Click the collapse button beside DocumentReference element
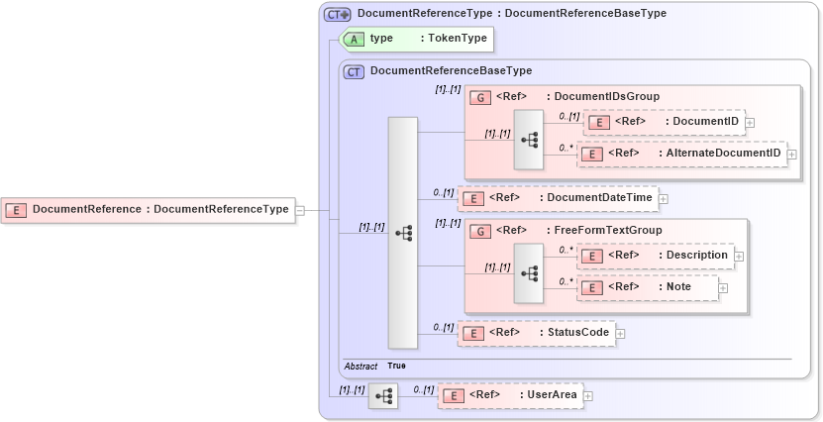[300, 209]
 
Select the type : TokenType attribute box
[416, 39]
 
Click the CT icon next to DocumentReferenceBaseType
[354, 71]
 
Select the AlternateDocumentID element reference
[681, 154]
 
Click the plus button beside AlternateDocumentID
[791, 155]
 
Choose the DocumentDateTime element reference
[558, 198]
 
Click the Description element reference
[655, 256]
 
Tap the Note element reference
[648, 287]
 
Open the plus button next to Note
[723, 288]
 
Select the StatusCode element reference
[536, 333]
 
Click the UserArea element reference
[510, 395]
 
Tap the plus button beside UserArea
[588, 396]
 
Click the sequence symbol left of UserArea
[383, 395]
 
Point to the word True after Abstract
[396, 366]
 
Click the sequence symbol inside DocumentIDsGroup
[529, 141]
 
